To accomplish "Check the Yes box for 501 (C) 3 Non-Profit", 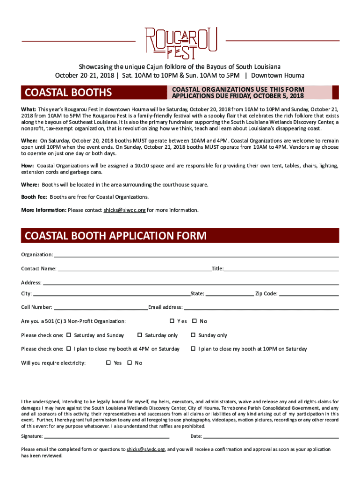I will [x=172, y=321].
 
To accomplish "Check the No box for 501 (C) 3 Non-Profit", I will [x=194, y=321].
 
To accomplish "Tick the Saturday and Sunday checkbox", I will [x=69, y=335].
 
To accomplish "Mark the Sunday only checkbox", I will [x=193, y=335].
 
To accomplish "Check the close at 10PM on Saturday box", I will [x=193, y=348].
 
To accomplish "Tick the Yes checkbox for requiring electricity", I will [x=108, y=363].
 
